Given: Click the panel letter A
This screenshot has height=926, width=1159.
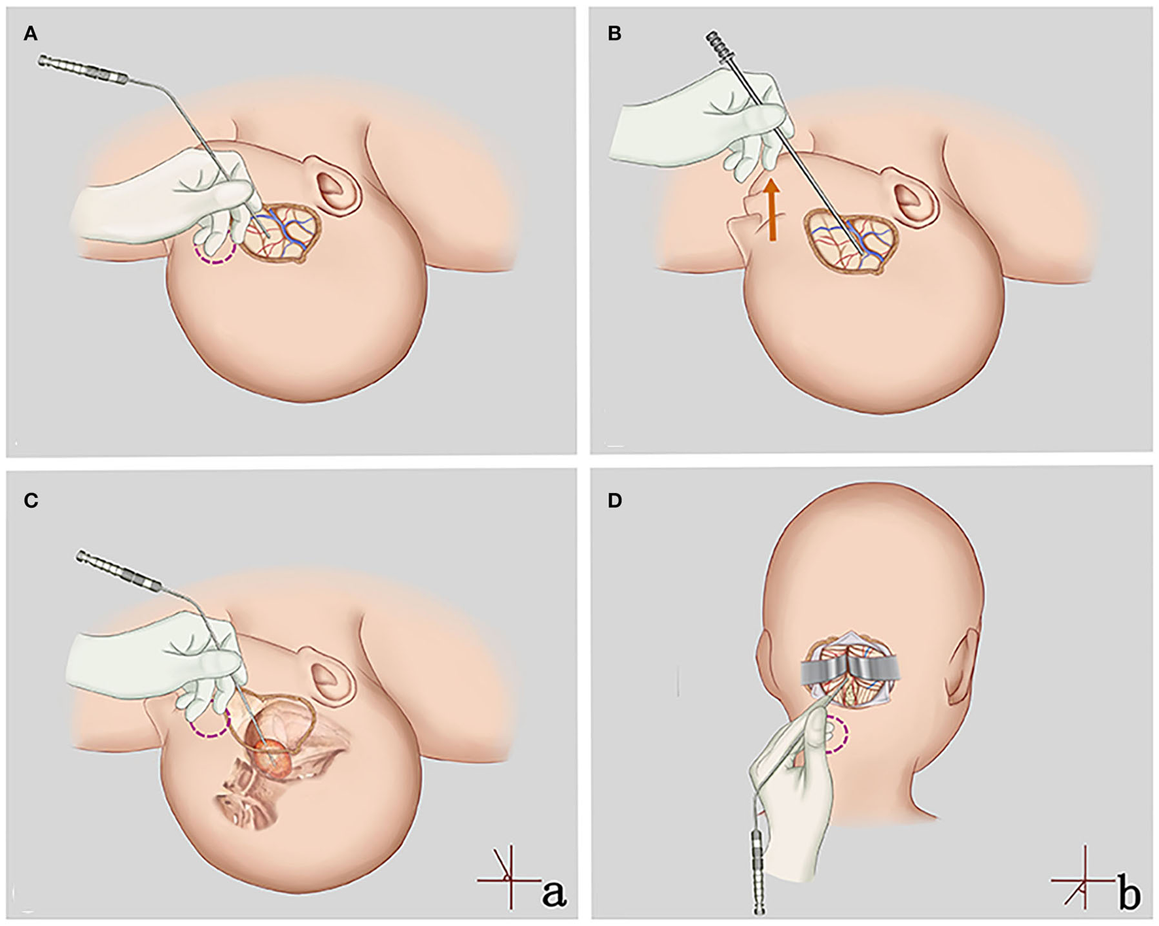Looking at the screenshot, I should (x=30, y=34).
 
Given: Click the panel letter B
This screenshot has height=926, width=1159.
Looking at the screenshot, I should (x=614, y=34).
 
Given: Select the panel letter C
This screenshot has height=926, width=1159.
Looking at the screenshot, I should (x=30, y=501).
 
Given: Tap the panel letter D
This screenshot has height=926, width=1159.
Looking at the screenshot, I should (x=615, y=501).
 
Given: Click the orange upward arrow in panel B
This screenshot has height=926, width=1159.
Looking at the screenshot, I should (x=772, y=209).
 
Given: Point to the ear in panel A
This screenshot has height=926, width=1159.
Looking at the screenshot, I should (x=337, y=185).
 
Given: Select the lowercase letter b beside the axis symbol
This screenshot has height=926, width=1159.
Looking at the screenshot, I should (x=1130, y=894).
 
